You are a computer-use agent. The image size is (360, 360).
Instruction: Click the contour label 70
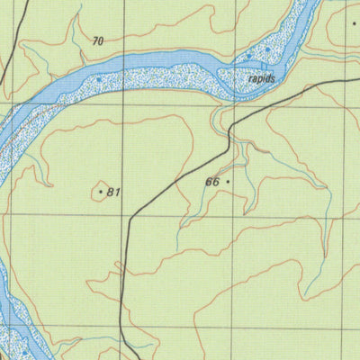coord(98,40)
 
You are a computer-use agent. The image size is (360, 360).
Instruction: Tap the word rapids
coord(260,78)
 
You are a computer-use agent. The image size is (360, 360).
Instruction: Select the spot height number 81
coord(113,192)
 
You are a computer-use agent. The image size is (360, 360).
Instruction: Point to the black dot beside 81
coord(100,191)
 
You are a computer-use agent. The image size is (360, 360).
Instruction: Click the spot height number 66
coord(212,182)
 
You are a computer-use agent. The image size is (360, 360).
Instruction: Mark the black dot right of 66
coord(228,181)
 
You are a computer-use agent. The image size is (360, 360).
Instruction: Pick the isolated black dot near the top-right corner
coord(355,23)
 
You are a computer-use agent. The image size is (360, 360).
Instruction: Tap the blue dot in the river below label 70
coord(99,79)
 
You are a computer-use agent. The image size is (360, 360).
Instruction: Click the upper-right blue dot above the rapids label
coord(267,49)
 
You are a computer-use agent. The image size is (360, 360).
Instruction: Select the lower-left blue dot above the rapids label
coord(249,58)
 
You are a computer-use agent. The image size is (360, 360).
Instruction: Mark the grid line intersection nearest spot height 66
coord(233,217)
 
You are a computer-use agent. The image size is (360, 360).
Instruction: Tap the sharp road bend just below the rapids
coord(230,127)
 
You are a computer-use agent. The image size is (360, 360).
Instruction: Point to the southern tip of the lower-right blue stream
coord(305,297)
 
